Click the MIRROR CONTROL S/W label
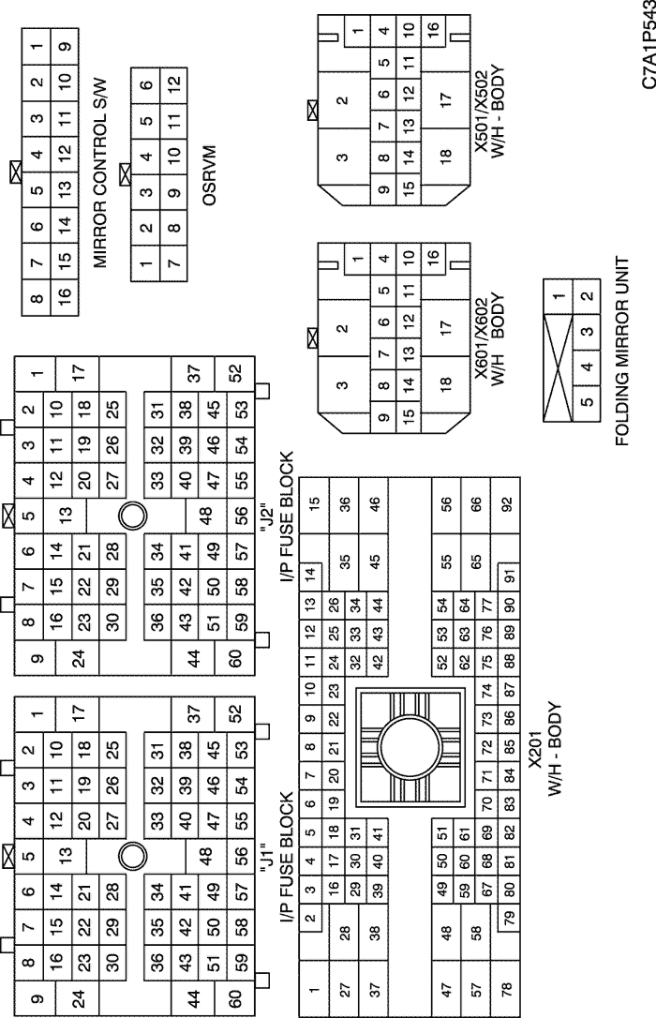[100, 172]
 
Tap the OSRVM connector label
[209, 174]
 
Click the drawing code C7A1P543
[649, 44]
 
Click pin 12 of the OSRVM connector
[174, 83]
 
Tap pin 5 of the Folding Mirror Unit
[587, 401]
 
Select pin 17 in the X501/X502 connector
[444, 99]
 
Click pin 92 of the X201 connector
[507, 503]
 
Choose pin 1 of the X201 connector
[314, 990]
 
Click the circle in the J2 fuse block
[132, 516]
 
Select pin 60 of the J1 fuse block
[235, 998]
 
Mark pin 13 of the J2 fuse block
[65, 516]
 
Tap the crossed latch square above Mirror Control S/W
[16, 172]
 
